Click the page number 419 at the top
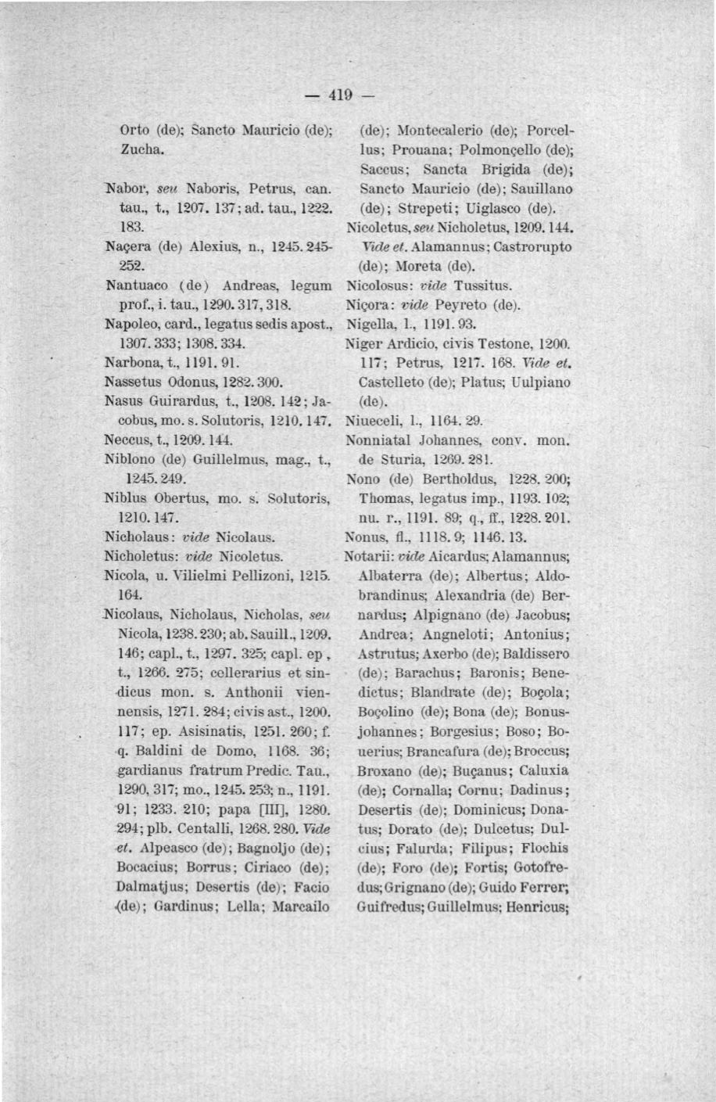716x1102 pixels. point(342,96)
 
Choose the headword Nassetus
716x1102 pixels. point(130,382)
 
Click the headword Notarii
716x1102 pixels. point(368,556)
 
